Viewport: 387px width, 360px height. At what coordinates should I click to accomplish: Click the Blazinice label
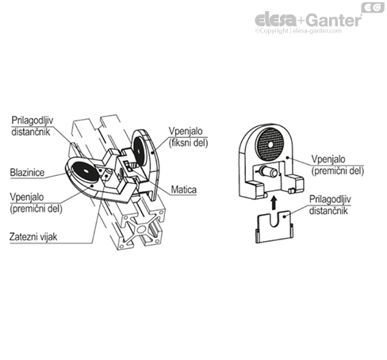27,173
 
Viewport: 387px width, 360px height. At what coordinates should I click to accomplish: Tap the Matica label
184,190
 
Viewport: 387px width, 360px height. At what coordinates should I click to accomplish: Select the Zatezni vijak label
33,237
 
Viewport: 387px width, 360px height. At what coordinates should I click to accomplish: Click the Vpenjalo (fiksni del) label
188,137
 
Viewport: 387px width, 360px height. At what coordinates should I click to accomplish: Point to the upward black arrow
274,202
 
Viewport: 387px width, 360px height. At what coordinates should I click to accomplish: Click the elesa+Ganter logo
308,20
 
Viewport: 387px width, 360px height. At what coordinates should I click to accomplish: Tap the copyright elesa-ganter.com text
298,31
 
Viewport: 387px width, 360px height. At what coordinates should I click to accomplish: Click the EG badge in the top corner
373,8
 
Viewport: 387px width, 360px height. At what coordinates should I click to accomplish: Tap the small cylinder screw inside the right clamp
268,171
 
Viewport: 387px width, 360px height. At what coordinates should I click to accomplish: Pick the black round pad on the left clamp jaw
85,171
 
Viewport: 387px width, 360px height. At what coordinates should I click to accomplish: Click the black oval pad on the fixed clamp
138,151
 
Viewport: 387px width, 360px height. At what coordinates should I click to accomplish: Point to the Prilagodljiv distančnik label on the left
33,126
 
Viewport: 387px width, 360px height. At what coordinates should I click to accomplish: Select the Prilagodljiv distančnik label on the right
330,205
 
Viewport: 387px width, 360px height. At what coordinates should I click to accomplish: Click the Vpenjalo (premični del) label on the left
36,203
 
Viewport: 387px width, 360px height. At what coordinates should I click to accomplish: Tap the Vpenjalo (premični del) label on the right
338,165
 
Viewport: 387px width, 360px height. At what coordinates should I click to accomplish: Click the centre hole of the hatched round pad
270,144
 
